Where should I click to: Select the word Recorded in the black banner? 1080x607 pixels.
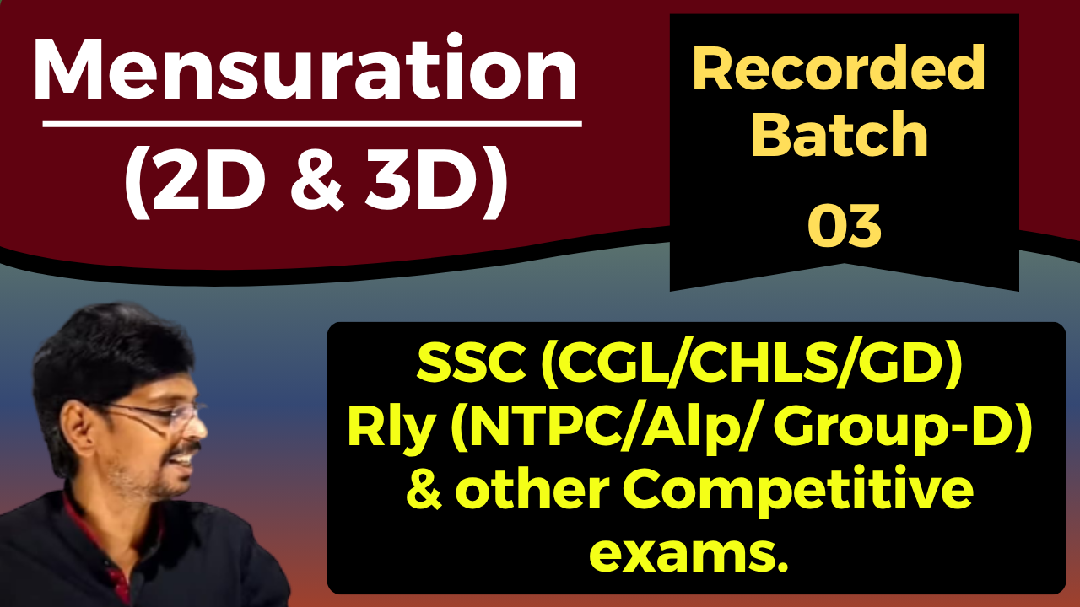pos(839,69)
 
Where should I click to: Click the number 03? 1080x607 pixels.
pos(845,225)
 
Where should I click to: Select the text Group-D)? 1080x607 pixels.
pos(903,431)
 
